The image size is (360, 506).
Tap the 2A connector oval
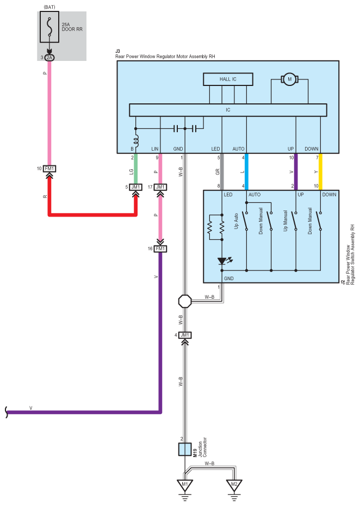pos(49,58)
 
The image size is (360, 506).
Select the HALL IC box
pos(228,79)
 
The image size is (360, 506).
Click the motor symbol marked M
pos(289,79)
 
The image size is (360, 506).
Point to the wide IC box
pos(228,110)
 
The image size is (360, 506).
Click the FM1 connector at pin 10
pos(49,169)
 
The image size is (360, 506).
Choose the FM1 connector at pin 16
pos(160,249)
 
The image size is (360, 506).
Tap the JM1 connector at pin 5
pos(135,187)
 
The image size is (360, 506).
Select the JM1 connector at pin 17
pos(160,187)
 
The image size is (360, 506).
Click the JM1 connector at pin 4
pos(185,335)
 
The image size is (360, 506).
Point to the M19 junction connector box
pos(185,449)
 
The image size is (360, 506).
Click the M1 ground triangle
pos(185,484)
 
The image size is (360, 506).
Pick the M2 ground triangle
pos(234,484)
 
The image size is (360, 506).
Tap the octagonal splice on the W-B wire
pos(185,301)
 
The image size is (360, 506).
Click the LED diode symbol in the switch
pos(222,261)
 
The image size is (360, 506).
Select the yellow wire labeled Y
pos(320,171)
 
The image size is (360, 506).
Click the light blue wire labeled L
pos(246,171)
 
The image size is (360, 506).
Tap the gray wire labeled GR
pos(222,171)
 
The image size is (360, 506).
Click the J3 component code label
pos(118,51)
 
